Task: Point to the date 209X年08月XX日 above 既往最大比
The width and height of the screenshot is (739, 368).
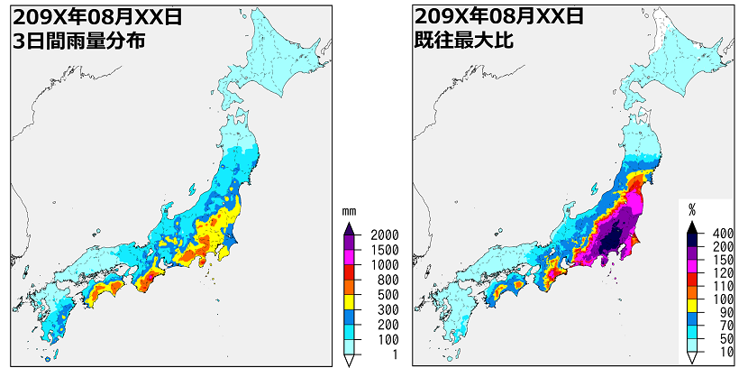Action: (498, 15)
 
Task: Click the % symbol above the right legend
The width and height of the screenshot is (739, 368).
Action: (692, 209)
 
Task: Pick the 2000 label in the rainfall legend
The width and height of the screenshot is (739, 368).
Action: (383, 235)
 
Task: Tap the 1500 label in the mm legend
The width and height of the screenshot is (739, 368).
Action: (383, 249)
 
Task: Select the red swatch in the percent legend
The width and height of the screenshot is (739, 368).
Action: (692, 279)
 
